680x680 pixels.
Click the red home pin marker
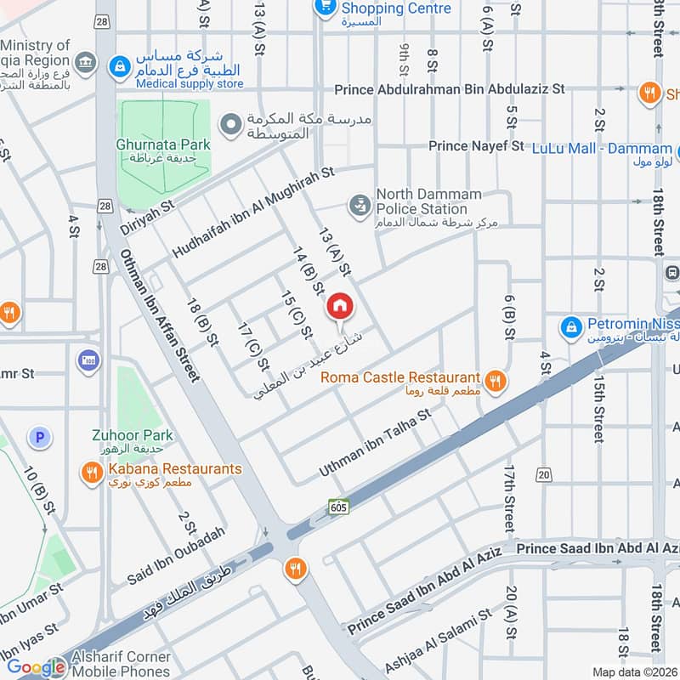339,305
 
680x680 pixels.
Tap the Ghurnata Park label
163,145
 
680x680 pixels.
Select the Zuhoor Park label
132,435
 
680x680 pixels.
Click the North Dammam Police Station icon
359,205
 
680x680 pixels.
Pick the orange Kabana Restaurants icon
92,473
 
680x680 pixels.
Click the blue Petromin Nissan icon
571,326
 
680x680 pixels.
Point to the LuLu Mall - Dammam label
602,148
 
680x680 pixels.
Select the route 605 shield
339,507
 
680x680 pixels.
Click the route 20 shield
544,473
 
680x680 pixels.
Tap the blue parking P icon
38,438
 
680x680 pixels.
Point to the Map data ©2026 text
633,671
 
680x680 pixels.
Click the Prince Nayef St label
476,146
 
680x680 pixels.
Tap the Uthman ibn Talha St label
376,441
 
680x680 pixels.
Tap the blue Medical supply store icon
121,64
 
